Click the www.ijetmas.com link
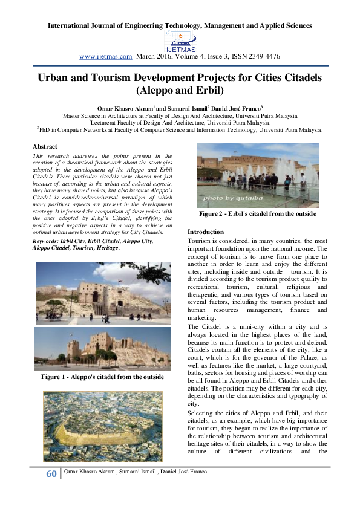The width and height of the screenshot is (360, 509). [x=105, y=56]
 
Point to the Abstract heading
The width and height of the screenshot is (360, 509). [x=45, y=147]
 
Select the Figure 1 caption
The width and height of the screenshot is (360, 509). [x=102, y=377]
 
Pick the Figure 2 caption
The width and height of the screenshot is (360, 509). [x=258, y=214]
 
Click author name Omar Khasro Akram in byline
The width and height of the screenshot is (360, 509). [x=125, y=106]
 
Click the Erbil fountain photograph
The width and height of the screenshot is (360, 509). [x=258, y=175]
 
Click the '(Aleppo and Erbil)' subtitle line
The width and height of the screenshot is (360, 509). [x=180, y=91]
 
